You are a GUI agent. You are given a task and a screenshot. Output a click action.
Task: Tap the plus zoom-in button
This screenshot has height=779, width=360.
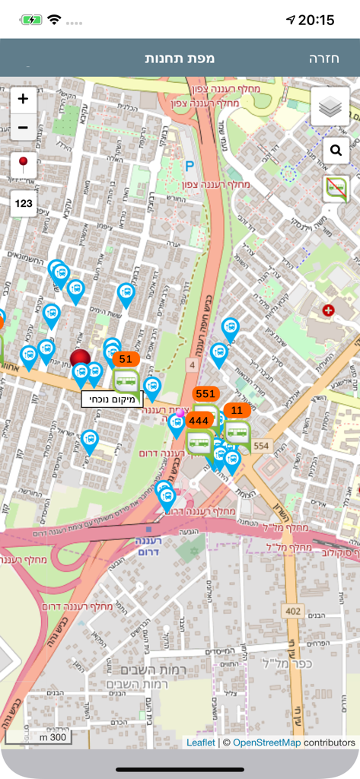(23, 99)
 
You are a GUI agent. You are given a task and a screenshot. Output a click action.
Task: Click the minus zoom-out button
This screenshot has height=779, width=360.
(23, 127)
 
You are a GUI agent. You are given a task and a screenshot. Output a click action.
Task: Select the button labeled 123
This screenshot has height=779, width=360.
(24, 203)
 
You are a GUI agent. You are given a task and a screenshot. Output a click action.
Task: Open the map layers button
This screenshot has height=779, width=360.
(330, 107)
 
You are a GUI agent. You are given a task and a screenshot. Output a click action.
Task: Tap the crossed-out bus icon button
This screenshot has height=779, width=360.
(336, 188)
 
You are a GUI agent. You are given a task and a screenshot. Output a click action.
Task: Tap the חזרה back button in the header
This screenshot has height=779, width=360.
(325, 59)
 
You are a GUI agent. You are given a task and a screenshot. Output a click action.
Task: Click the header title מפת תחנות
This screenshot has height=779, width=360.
(180, 59)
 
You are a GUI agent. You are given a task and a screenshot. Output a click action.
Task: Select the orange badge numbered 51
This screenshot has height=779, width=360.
(126, 359)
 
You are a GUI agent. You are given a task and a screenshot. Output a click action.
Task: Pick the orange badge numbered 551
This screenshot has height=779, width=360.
(205, 393)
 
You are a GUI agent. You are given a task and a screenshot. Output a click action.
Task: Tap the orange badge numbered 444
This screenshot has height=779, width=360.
(199, 420)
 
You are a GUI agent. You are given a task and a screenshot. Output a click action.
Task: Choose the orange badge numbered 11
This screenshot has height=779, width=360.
(237, 411)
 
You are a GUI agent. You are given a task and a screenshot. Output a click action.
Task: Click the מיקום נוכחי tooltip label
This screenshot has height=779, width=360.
(112, 399)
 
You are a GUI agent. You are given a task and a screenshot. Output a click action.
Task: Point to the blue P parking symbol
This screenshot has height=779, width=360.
(190, 164)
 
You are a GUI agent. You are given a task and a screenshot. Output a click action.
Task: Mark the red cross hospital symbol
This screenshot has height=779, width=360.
(328, 310)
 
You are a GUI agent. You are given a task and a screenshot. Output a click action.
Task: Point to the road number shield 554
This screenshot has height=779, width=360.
(262, 446)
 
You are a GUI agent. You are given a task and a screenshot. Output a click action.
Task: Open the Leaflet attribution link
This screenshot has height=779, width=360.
(201, 742)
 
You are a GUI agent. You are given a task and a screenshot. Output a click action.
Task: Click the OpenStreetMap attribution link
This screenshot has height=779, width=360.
(266, 742)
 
